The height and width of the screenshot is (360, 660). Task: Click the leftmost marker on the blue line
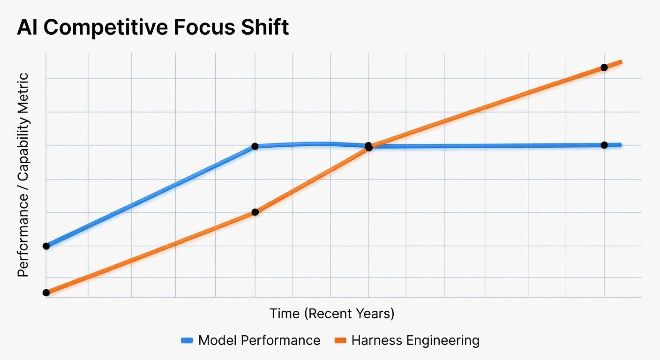46,246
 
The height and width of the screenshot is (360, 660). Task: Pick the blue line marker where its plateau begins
255,146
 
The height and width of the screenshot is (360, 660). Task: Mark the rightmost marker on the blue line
604,145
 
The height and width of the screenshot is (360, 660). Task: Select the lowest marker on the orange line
46,292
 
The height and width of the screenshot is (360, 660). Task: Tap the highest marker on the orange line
604,67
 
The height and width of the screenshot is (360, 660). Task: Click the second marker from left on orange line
255,212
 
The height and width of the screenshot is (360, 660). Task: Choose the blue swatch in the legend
187,341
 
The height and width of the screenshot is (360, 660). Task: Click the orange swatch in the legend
340,341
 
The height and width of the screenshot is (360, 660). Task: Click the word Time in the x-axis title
285,314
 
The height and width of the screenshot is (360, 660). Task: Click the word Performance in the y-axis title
23,234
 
